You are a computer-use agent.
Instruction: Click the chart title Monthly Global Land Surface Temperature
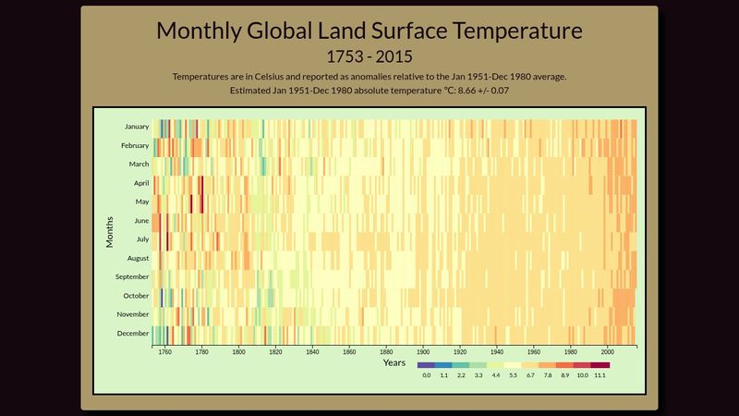point(369,31)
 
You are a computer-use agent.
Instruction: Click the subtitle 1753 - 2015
point(369,56)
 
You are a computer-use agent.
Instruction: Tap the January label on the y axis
point(136,127)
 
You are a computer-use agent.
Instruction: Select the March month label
point(139,165)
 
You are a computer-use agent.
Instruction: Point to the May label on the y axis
point(142,202)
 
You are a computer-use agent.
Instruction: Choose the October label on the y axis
point(136,296)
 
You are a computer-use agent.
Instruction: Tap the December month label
point(133,333)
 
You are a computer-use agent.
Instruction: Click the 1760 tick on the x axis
point(165,352)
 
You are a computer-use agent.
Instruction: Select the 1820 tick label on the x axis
point(276,352)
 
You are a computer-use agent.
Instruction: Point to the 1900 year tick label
point(423,352)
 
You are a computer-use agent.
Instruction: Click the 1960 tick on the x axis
point(534,352)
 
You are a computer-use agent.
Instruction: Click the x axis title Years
point(394,362)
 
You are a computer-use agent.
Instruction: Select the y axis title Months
point(110,230)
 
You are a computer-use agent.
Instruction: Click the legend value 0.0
point(426,376)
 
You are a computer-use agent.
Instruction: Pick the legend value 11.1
point(601,376)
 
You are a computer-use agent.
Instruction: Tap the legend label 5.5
point(514,376)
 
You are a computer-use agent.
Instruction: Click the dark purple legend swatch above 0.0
point(426,365)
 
